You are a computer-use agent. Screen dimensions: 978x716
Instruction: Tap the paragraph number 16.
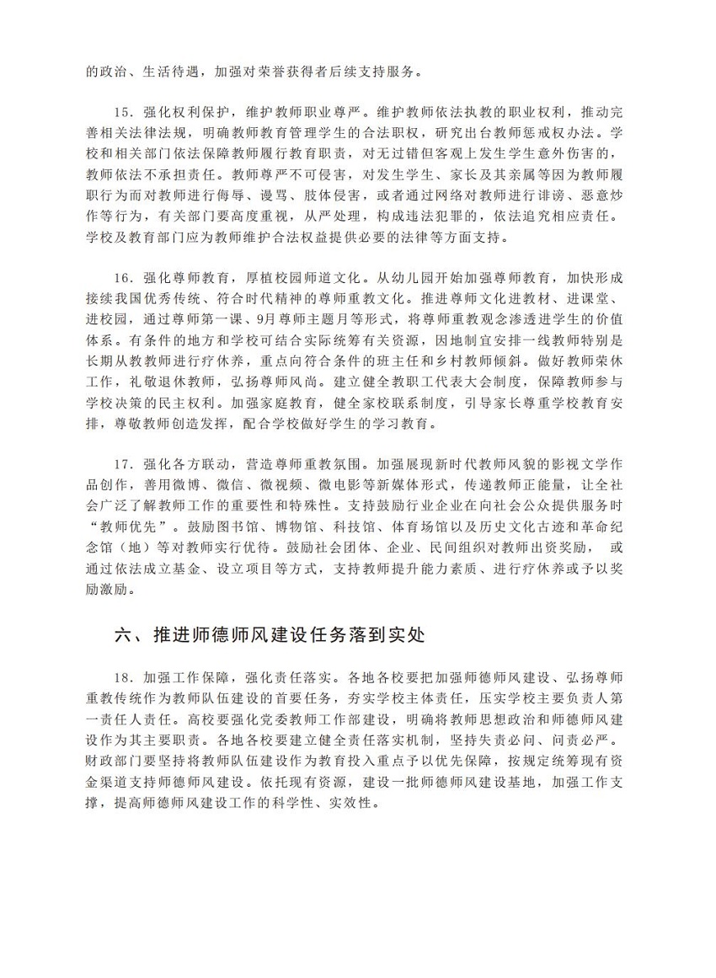[x=122, y=276]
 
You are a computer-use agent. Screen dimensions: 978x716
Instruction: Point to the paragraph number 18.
[x=122, y=676]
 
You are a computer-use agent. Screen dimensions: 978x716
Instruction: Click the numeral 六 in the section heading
[x=124, y=635]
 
